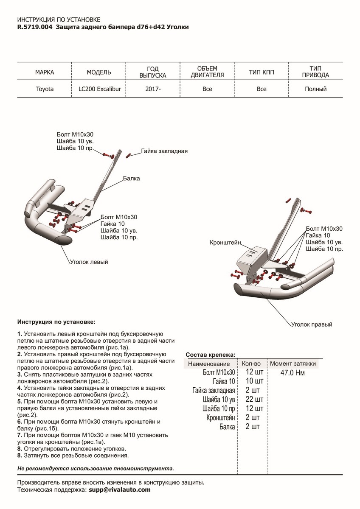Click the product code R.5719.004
point(35,27)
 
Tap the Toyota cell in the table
point(45,89)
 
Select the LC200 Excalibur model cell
point(99,89)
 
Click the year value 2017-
point(153,89)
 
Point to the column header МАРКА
point(45,72)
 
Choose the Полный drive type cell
point(315,89)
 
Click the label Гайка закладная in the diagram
point(164,151)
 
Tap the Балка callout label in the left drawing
point(132,179)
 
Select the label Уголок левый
point(89,262)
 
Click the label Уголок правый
point(311,324)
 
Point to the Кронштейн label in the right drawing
point(225,243)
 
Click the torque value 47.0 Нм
point(292,373)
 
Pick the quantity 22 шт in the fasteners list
point(254,400)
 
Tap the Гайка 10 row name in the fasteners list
point(223,381)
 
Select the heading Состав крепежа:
point(211,355)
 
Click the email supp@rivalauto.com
point(119,489)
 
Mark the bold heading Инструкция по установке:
point(56,322)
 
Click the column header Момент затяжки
point(293,364)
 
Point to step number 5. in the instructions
point(20,401)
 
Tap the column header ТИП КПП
point(262,72)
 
